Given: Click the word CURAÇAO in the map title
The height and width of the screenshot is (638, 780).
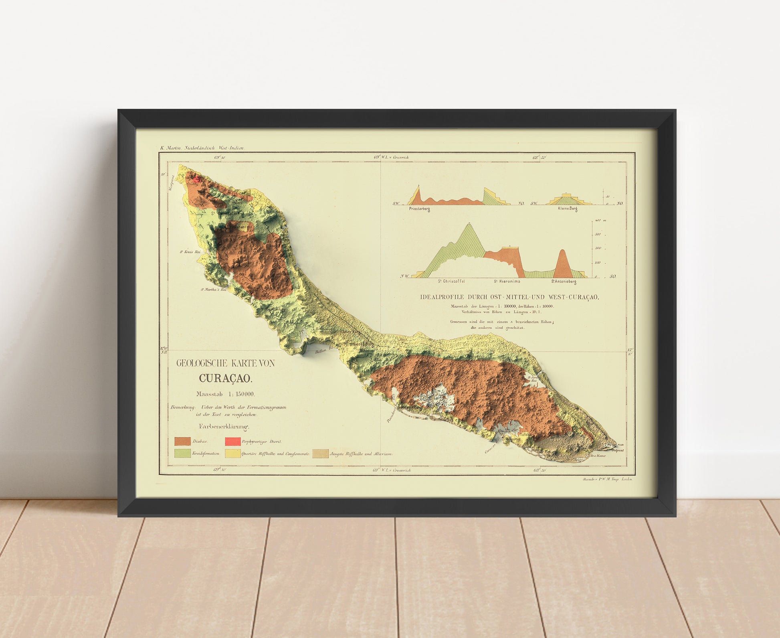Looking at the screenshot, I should click(226, 378).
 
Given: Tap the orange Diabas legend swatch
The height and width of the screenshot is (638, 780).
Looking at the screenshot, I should click(182, 441).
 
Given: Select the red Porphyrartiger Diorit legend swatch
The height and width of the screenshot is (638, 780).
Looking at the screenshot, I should click(232, 441).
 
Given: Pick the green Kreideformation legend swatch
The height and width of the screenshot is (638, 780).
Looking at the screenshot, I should click(182, 454).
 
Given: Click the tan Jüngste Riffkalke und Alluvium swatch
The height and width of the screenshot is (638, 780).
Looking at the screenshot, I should click(320, 454).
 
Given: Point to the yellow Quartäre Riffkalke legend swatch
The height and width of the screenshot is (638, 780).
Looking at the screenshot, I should click(232, 454).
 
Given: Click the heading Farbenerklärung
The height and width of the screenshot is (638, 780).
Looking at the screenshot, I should click(224, 427).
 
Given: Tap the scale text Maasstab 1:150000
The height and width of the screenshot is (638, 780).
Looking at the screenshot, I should click(225, 394).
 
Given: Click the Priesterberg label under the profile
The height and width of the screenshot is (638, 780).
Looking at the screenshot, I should click(419, 209).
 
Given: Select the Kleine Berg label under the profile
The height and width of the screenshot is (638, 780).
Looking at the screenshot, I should click(567, 209).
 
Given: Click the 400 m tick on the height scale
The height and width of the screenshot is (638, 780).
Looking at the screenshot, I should click(598, 221).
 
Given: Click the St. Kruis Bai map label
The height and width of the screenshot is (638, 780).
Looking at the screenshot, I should click(190, 252).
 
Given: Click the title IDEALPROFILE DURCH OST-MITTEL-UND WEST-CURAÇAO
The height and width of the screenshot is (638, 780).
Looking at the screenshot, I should click(509, 297).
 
